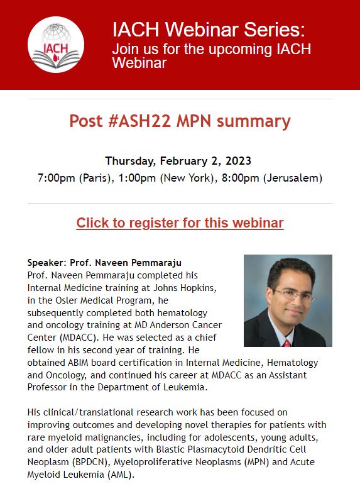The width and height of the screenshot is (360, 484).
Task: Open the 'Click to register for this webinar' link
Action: tap(180, 223)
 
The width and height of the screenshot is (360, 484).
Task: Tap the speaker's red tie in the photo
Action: tap(286, 343)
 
